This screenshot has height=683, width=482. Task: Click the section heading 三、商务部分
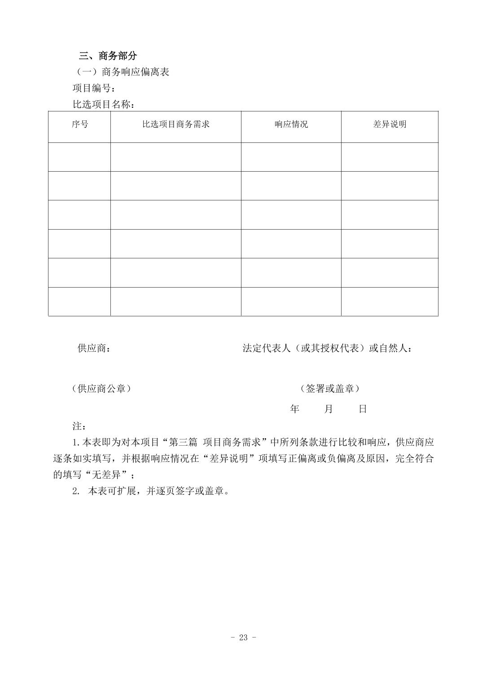108,56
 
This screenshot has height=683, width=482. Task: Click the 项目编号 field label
93,88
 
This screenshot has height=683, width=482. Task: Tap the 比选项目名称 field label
103,104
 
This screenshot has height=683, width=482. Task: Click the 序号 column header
79,124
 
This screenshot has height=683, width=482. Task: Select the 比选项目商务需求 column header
175,124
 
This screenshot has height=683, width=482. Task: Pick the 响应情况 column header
291,124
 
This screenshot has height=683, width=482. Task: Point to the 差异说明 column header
389,124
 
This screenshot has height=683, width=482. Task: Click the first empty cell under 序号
79,157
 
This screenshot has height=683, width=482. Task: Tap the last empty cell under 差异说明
389,302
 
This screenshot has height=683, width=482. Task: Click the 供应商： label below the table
94,348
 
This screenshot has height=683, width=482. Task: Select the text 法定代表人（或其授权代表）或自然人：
328,348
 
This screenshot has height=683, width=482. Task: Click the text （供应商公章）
101,389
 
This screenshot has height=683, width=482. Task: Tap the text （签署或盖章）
330,389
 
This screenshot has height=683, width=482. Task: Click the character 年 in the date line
294,409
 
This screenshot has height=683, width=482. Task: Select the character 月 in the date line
329,409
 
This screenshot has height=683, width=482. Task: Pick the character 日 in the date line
363,409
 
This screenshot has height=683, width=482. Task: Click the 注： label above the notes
79,426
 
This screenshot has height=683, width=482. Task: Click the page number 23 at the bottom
243,637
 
